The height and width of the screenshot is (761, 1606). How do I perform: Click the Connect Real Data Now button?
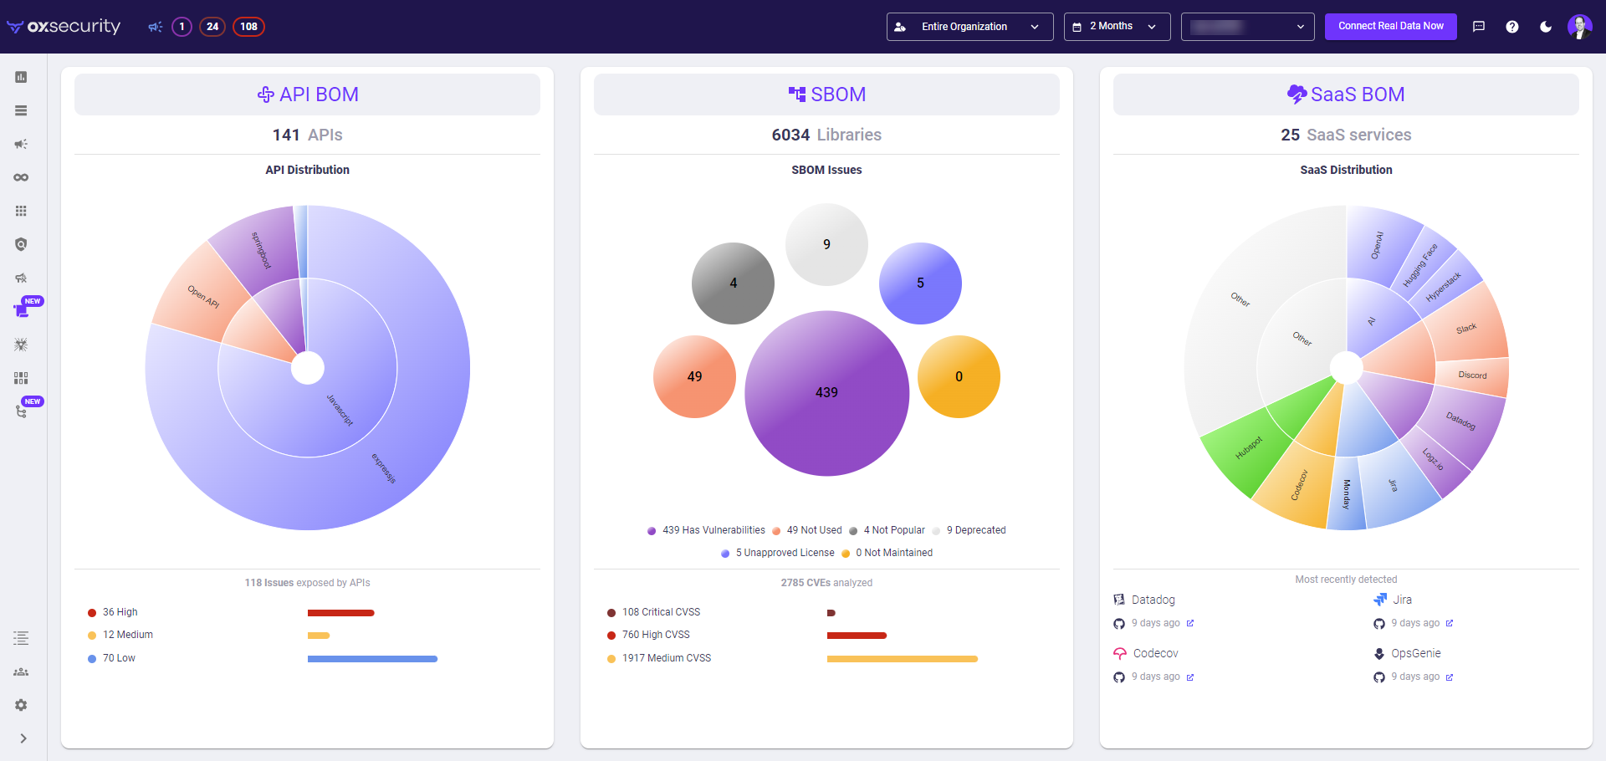click(x=1390, y=26)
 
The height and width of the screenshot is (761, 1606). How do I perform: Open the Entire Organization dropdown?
click(x=969, y=27)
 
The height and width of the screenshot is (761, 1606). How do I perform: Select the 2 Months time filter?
click(x=1116, y=27)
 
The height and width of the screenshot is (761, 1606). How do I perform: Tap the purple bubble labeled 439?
click(x=826, y=392)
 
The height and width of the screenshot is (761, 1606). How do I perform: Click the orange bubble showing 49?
click(x=694, y=376)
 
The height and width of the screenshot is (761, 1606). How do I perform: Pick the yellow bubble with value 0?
click(x=959, y=376)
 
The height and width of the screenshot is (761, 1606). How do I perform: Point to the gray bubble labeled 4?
click(x=733, y=283)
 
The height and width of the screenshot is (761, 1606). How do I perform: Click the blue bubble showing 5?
click(x=920, y=283)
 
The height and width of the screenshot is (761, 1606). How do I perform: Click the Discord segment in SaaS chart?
click(x=1472, y=375)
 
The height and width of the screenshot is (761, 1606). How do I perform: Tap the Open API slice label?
click(x=202, y=297)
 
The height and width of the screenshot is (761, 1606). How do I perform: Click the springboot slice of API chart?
click(x=260, y=249)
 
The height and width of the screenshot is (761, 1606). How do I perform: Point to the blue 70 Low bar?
click(x=372, y=659)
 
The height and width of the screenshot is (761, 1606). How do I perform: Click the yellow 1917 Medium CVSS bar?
click(x=902, y=659)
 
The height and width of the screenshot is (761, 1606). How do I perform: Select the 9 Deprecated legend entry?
click(x=975, y=530)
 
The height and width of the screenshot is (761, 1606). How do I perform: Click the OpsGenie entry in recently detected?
click(x=1415, y=653)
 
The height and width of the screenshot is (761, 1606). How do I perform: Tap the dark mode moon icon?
click(x=1546, y=27)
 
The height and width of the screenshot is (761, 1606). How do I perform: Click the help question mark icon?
click(x=1512, y=27)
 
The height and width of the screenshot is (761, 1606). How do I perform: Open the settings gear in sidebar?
click(x=21, y=705)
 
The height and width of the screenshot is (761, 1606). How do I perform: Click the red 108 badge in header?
click(x=248, y=27)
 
